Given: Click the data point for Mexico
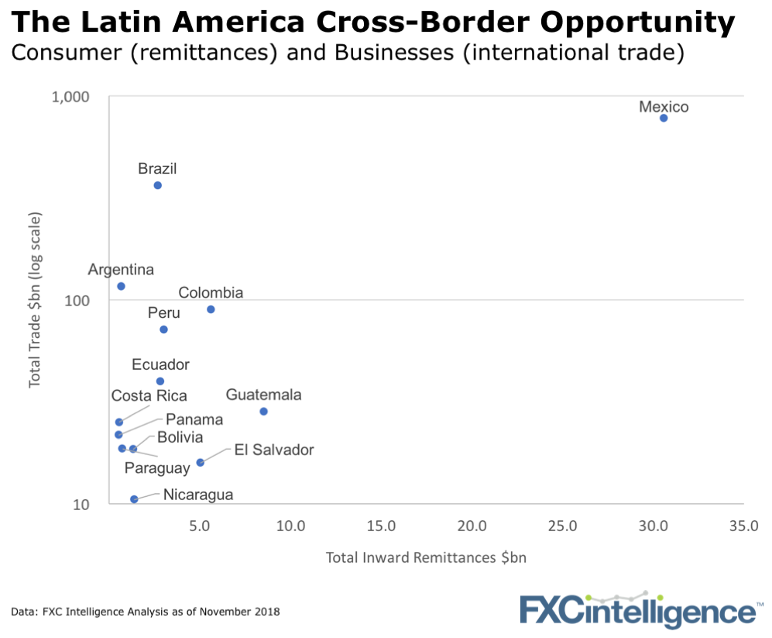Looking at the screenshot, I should tap(664, 118).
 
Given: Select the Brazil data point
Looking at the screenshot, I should tap(157, 185).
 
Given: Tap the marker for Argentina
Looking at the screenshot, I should tap(121, 286).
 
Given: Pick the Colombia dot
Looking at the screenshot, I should tap(211, 309).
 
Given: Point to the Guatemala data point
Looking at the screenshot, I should tap(263, 411).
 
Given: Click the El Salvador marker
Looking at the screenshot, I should tap(200, 462).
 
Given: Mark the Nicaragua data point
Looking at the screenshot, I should tap(134, 499).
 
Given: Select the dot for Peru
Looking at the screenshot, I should tap(163, 329).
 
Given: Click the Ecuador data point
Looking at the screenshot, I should tap(160, 381).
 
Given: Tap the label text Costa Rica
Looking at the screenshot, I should tap(149, 396).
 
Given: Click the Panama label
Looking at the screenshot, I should tap(194, 419).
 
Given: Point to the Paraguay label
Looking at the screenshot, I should tap(157, 468).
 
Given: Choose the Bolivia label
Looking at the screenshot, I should tap(180, 438).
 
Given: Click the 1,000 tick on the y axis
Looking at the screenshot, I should tap(71, 97).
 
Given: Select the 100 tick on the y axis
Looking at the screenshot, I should tap(77, 301).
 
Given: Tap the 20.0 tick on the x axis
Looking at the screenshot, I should tap(472, 527).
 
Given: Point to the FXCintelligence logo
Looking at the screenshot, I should tap(637, 610).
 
